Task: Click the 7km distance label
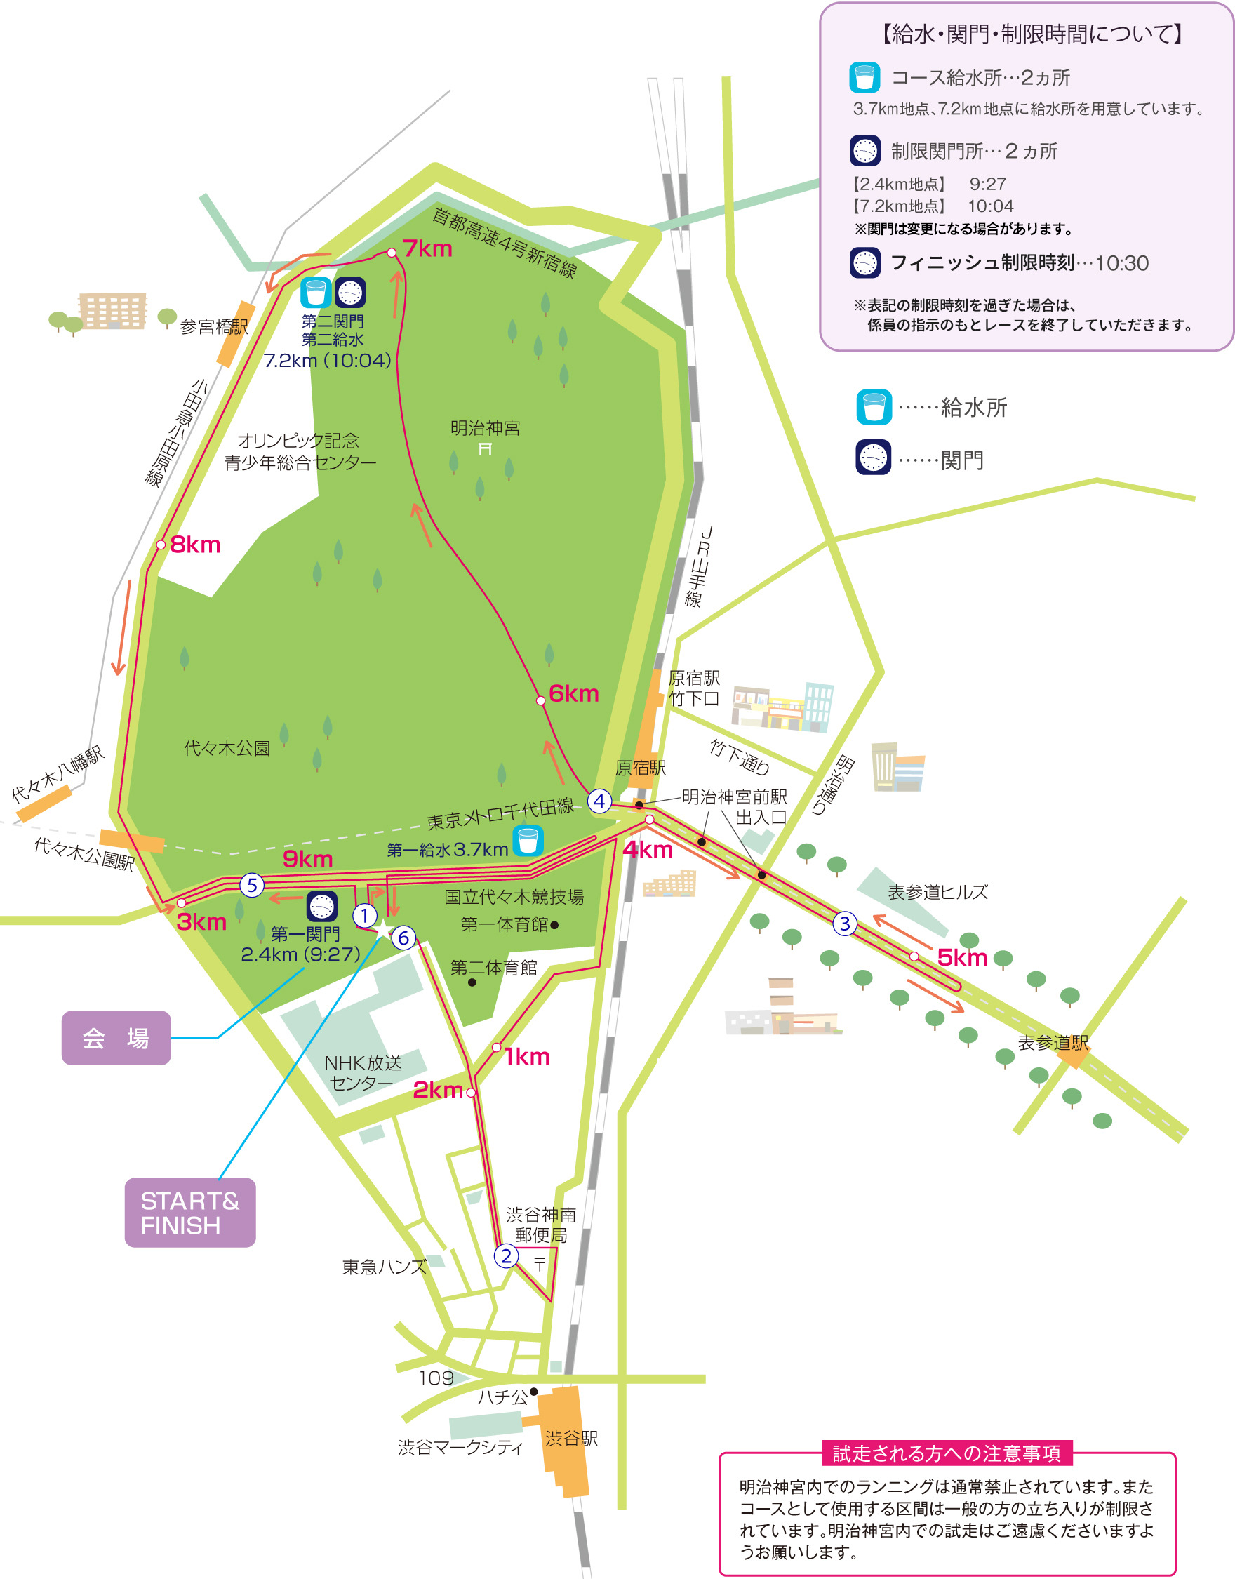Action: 427,248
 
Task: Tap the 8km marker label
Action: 195,545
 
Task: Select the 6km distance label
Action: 573,693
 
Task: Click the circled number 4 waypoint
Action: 599,801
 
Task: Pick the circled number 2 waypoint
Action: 506,1255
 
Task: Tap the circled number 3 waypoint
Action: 845,924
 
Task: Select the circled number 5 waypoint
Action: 252,885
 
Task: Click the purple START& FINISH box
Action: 189,1213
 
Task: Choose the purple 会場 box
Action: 116,1037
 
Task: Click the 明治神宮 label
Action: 484,428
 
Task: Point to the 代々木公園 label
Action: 227,748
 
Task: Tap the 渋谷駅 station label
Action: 571,1438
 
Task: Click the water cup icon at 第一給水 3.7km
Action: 528,841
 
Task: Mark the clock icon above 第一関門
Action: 322,906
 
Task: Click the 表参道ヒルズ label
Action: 937,892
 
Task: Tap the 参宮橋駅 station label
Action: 213,327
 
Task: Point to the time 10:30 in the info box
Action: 1121,263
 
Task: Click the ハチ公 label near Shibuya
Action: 502,1397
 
